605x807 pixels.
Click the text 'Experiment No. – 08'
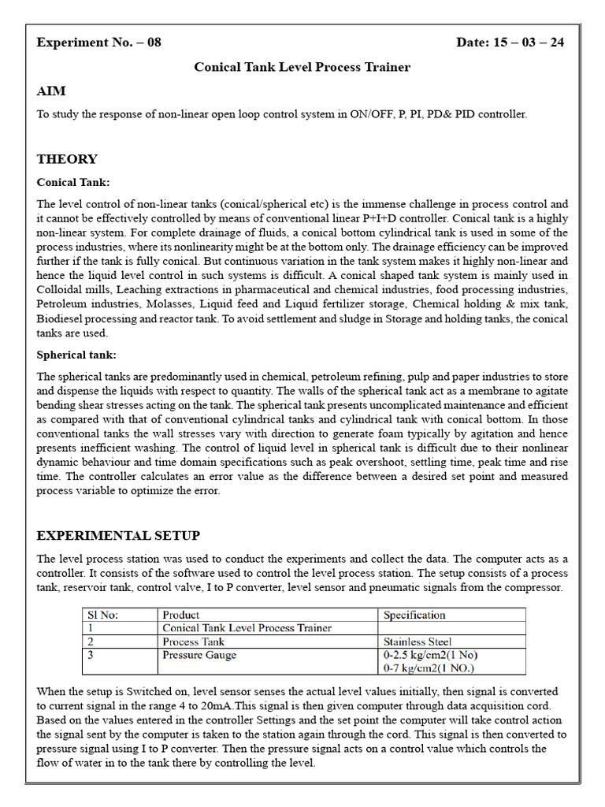tap(98, 43)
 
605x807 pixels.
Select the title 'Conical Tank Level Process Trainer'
tap(302, 67)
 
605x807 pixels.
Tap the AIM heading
tap(51, 91)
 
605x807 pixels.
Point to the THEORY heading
tap(67, 159)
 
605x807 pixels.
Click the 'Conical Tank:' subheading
tap(73, 182)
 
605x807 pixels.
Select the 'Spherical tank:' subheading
tap(76, 355)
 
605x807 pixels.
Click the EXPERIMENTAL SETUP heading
tap(118, 536)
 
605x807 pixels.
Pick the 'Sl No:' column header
tap(102, 615)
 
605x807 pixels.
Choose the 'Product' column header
tap(180, 615)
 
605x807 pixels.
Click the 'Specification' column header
tap(414, 615)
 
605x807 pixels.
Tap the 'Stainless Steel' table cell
tap(418, 642)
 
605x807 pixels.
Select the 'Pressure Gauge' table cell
tap(199, 655)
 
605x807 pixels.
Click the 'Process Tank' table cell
tap(193, 642)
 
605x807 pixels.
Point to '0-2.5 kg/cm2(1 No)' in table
tap(430, 655)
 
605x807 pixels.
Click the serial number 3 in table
tap(91, 655)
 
